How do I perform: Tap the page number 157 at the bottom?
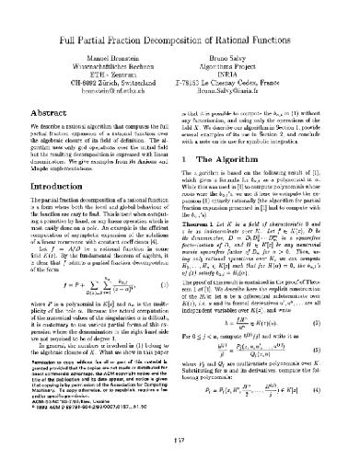tap(180, 437)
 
